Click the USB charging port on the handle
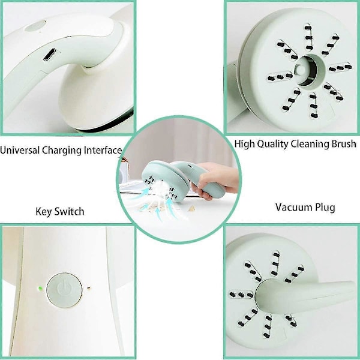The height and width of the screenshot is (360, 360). coord(49,55)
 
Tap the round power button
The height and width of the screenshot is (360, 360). coord(65,290)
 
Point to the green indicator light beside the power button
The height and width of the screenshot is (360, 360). coord(41,288)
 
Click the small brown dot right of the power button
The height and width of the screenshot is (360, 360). coord(89,288)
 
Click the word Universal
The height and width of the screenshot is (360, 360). coord(20,151)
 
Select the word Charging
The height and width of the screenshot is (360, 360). coord(62,151)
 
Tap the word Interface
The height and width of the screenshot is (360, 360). coord(103,151)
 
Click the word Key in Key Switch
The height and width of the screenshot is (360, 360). coord(44,212)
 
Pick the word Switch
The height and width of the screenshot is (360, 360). coord(70,211)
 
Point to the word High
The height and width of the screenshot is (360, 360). coord(245,144)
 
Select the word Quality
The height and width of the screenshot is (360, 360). coord(273,144)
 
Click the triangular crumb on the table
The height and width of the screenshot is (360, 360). coord(191,208)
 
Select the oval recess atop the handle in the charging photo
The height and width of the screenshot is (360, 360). coord(35,26)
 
